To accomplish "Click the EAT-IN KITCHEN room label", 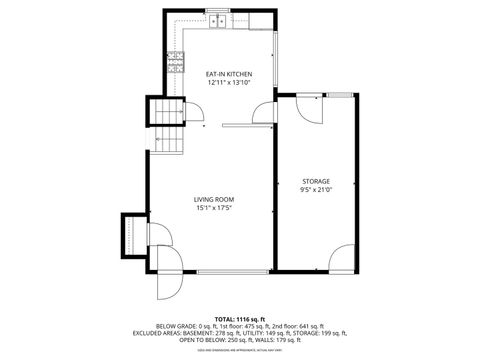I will pos(228,74).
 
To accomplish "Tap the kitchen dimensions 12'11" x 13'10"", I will pos(228,83).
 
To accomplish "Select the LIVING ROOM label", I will pos(214,200).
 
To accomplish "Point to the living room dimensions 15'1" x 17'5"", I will pos(214,209).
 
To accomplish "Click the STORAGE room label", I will pos(316,181).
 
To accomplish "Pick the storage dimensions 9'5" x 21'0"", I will pos(316,190).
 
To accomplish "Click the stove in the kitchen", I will pos(177,64).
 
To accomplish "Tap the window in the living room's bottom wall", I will pos(232,271).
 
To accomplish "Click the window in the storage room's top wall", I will pos(340,95).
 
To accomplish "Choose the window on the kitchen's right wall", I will pos(277,55).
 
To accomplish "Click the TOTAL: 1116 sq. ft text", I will pos(240,317).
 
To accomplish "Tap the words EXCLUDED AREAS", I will pos(163,333).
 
